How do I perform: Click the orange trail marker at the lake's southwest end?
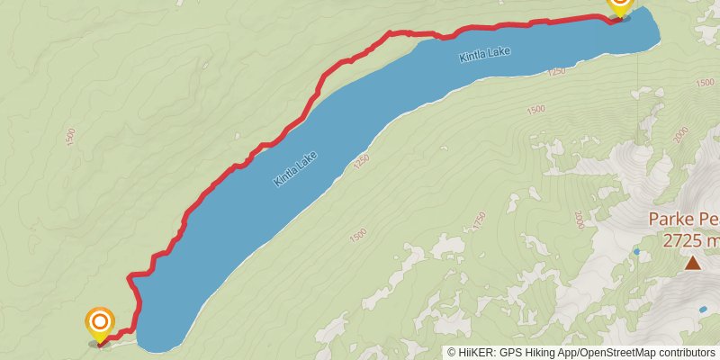click(x=99, y=323)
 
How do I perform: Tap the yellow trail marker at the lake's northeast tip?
click(x=619, y=5)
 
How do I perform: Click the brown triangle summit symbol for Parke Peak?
click(x=692, y=263)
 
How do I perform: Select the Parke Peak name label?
click(x=684, y=220)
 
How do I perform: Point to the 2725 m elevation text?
click(x=691, y=240)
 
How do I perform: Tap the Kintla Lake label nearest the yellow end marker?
click(x=484, y=55)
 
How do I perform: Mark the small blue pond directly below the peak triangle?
click(x=703, y=309)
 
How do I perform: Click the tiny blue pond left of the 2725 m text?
click(x=636, y=252)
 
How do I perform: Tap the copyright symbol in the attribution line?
click(x=452, y=353)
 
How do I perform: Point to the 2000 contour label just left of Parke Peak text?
click(x=580, y=219)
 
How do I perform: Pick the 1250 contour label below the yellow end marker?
click(x=555, y=71)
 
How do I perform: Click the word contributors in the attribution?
click(x=683, y=353)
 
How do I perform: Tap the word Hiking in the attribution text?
click(x=541, y=353)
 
